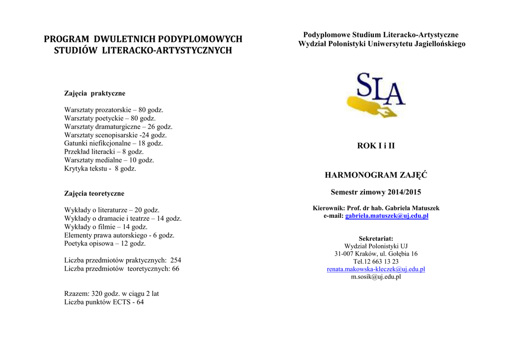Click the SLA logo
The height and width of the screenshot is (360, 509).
[x=376, y=95]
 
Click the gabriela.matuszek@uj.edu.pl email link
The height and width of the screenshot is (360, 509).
[x=387, y=216]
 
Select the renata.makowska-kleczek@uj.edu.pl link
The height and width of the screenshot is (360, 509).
[x=376, y=269]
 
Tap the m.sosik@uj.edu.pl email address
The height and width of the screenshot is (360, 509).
[x=376, y=277]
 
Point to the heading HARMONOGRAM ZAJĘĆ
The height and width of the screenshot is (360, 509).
[x=376, y=175]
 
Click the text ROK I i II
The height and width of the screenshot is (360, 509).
[x=376, y=146]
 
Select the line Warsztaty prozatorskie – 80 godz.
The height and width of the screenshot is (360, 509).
[x=114, y=110]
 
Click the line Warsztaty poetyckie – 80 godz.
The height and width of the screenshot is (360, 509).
[x=110, y=118]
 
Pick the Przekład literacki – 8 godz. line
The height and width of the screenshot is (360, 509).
[x=104, y=152]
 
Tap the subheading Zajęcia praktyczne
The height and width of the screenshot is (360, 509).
[x=94, y=93]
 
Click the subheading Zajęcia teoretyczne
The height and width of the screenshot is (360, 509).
[x=94, y=193]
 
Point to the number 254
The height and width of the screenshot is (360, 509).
[x=175, y=260]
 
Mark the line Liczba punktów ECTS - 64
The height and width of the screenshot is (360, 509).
[x=104, y=302]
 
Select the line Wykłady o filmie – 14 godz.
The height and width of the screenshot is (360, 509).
[x=106, y=227]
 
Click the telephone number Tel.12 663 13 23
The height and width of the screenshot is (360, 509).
[x=376, y=261]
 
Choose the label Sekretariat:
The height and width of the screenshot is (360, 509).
[x=376, y=239]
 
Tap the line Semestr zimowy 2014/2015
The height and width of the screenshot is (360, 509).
[x=376, y=192]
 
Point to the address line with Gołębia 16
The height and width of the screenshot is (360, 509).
[x=376, y=254]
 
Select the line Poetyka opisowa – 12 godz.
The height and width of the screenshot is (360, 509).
[x=105, y=244]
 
